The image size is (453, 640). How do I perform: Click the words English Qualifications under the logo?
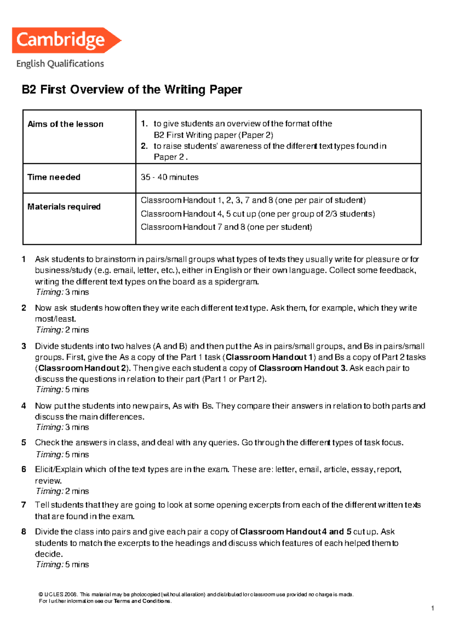tap(60, 64)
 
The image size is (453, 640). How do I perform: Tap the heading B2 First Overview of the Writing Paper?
tap(132, 90)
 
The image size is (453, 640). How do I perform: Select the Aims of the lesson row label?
tap(65, 124)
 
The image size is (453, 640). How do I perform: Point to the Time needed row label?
tap(54, 177)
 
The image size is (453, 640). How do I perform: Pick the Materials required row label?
tap(64, 207)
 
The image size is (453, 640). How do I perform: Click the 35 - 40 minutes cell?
tap(169, 177)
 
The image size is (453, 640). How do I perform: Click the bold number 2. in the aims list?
tap(144, 146)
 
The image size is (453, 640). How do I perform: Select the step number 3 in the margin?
tap(24, 346)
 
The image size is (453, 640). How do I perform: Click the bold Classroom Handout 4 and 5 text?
tap(296, 532)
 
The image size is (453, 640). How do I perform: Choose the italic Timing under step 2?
tap(49, 330)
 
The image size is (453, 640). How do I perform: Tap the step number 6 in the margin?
tap(24, 469)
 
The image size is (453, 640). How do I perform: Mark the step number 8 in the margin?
tap(24, 532)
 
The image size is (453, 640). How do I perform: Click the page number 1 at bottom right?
tap(432, 608)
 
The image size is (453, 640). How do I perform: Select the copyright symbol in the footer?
tap(41, 594)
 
